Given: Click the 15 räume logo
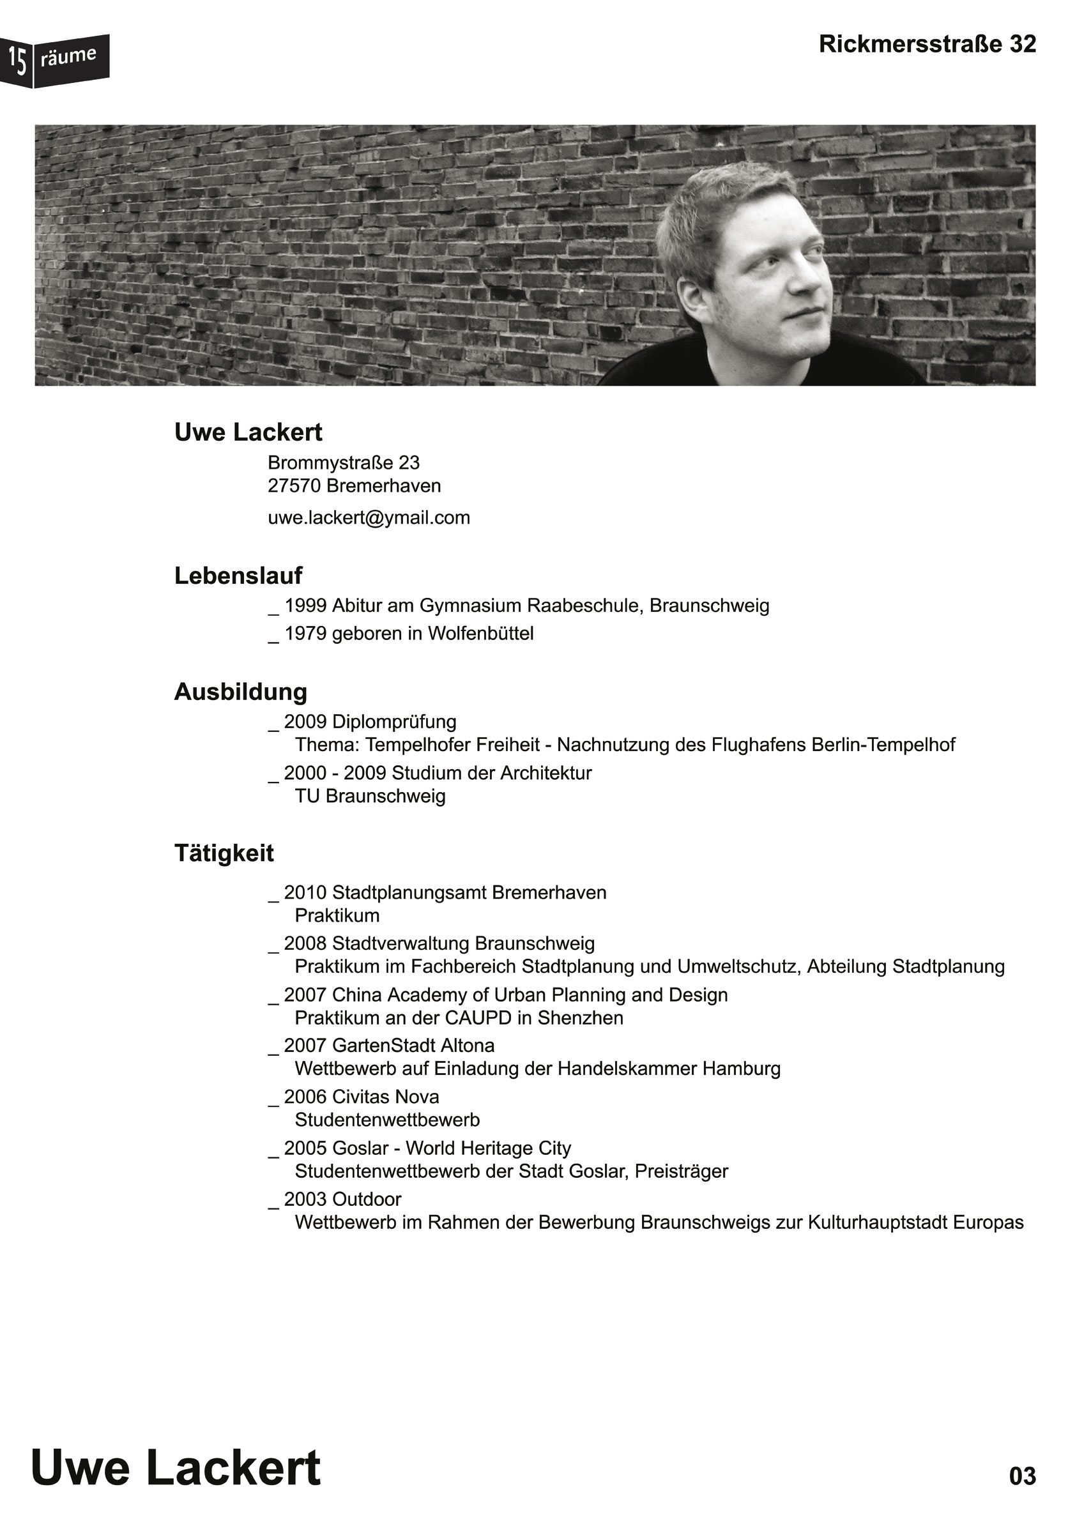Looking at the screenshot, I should [54, 60].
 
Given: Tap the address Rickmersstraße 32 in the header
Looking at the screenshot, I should [927, 44].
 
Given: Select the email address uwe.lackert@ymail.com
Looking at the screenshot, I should [369, 517].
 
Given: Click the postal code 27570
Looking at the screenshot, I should [294, 486].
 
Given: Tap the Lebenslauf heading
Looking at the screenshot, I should [238, 576].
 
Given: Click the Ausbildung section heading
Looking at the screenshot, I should [241, 692].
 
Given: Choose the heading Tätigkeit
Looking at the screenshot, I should [224, 853].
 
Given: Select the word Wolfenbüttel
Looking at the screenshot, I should [480, 634].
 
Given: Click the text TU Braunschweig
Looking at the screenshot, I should [370, 796].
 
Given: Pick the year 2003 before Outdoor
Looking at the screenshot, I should [305, 1199].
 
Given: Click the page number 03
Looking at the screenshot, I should [1022, 1476].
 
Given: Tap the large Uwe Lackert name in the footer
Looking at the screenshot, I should [176, 1468].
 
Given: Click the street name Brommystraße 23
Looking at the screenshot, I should [344, 462].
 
